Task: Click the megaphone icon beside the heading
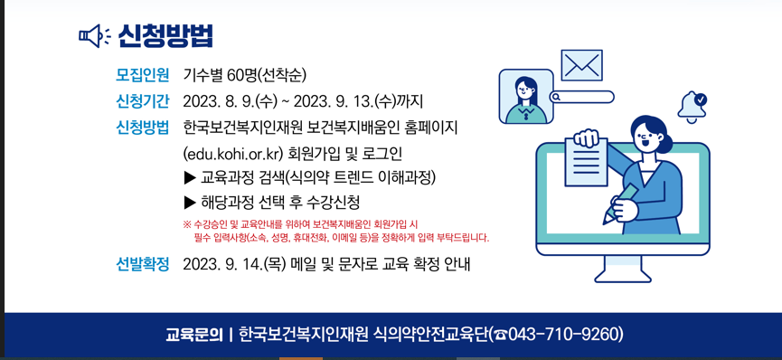coord(94,36)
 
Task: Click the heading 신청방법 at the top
coord(165,36)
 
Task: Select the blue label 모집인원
coord(143,75)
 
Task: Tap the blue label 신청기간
coord(143,101)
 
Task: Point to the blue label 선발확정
coord(143,264)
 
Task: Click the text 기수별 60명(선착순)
coord(244,75)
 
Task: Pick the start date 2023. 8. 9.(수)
coord(230,101)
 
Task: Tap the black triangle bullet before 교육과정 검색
coord(190,177)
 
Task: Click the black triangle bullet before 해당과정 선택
coord(190,203)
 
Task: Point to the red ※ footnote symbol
coord(187,223)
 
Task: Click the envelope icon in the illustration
coord(581,65)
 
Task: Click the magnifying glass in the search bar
coord(557,97)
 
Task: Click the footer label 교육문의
coord(193,335)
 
